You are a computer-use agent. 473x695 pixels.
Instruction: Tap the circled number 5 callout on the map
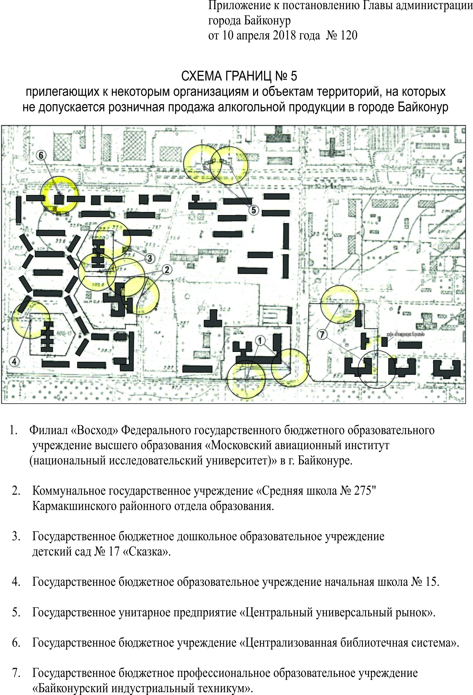[254, 210]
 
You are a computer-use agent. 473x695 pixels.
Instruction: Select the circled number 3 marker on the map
[150, 258]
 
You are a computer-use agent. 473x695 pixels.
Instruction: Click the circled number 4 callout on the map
[14, 361]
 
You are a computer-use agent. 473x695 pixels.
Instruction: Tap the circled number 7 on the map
[322, 335]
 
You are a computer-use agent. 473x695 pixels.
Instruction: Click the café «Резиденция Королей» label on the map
[405, 334]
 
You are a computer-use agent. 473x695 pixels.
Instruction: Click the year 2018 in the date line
[284, 35]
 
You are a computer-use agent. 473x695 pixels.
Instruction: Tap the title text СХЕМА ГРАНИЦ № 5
[239, 76]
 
